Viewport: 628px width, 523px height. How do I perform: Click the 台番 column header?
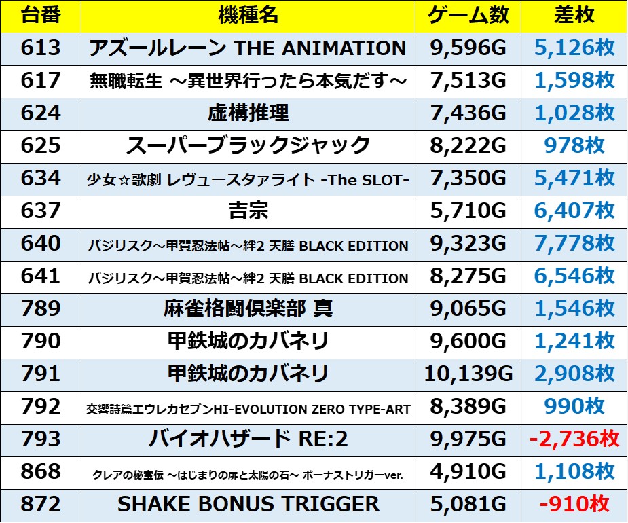pyautogui.click(x=41, y=15)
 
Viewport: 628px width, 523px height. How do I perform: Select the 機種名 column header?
pyautogui.click(x=248, y=15)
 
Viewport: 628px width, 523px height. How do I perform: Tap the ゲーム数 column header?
pyautogui.click(x=468, y=15)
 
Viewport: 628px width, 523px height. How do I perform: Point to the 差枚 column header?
pyautogui.click(x=574, y=15)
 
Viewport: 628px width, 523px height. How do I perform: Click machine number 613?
pyautogui.click(x=41, y=48)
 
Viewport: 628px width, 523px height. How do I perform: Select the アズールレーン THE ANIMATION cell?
pyautogui.click(x=248, y=48)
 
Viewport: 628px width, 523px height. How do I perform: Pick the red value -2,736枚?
pyautogui.click(x=574, y=439)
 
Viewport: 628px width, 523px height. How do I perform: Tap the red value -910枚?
pyautogui.click(x=574, y=504)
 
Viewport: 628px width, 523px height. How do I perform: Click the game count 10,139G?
pyautogui.click(x=468, y=374)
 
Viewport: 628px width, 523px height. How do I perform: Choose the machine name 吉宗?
pyautogui.click(x=248, y=211)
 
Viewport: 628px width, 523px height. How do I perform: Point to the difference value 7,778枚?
pyautogui.click(x=574, y=243)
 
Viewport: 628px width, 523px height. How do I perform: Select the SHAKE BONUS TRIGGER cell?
pyautogui.click(x=248, y=504)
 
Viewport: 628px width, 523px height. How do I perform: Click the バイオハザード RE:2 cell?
pyautogui.click(x=248, y=439)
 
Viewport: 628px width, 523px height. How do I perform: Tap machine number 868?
pyautogui.click(x=41, y=471)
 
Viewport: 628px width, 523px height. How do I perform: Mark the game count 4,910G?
pyautogui.click(x=468, y=471)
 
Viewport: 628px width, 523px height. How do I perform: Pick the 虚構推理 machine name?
pyautogui.click(x=248, y=113)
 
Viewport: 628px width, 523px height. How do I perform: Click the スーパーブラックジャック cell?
pyautogui.click(x=248, y=145)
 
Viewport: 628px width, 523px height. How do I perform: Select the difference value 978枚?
pyautogui.click(x=574, y=145)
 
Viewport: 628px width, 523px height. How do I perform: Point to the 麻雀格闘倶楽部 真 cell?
pyautogui.click(x=248, y=308)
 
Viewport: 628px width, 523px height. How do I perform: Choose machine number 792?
pyautogui.click(x=41, y=406)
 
